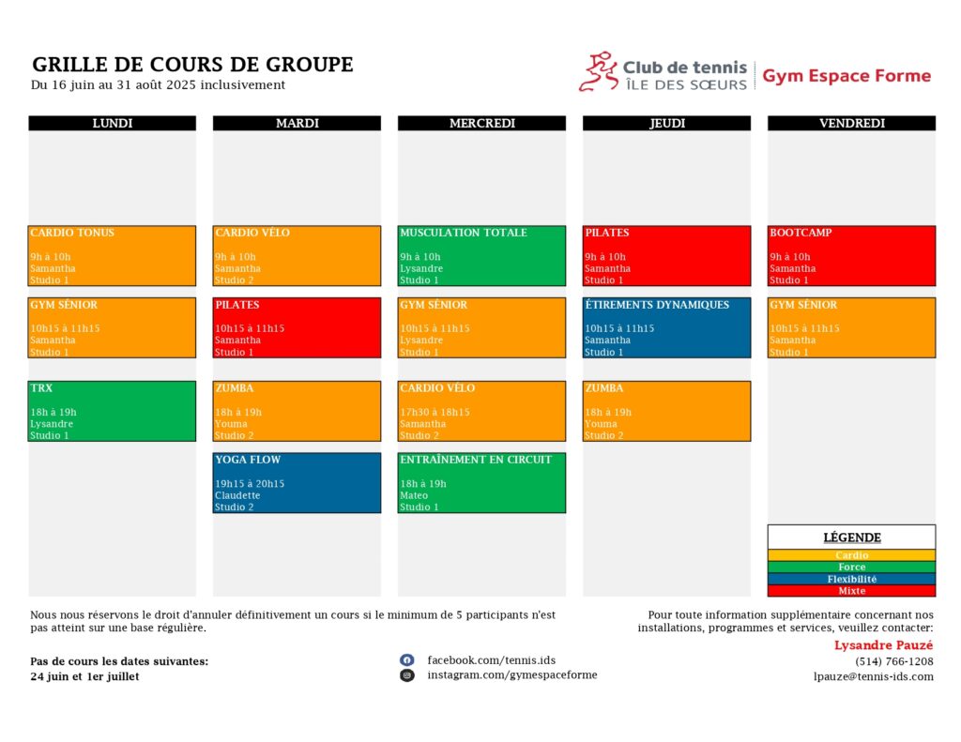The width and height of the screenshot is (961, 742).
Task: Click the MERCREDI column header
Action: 481,123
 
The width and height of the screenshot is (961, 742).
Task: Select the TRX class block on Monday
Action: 113,411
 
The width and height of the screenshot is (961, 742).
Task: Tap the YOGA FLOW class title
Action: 248,460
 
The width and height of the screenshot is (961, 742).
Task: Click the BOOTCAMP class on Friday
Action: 851,255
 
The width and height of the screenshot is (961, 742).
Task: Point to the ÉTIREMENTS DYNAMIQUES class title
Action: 657,305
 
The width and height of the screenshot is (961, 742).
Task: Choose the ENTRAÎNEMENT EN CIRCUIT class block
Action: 481,483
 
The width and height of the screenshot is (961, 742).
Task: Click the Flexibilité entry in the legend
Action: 851,579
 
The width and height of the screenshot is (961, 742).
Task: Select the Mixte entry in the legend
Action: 851,591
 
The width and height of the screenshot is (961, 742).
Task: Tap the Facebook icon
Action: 407,659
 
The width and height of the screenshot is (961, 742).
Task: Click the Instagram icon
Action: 407,675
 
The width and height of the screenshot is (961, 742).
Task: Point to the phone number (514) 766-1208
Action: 894,661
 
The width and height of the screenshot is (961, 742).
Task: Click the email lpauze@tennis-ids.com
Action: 874,676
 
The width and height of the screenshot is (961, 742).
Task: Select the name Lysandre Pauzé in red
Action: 883,645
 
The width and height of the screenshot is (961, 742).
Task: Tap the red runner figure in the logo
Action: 598,71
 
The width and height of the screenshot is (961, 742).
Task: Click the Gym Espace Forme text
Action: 847,76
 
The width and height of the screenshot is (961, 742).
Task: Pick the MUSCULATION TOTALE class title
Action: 464,233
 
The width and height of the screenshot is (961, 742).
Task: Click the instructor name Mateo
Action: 414,495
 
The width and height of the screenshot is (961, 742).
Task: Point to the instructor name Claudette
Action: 237,495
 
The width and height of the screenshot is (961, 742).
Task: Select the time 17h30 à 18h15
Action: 435,412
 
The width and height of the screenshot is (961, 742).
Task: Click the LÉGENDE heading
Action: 852,538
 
